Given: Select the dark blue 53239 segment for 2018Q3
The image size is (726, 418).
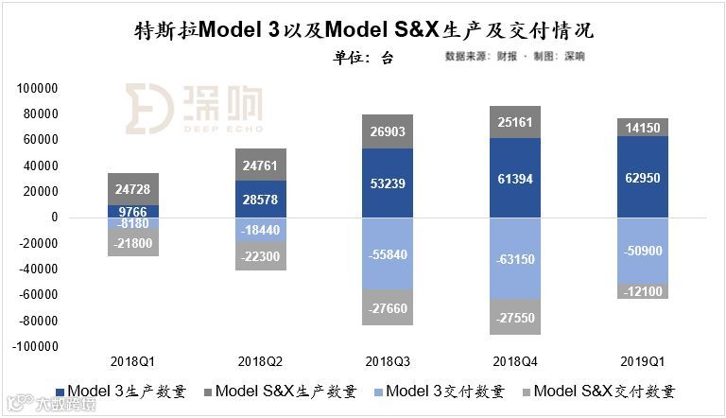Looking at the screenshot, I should click(387, 183).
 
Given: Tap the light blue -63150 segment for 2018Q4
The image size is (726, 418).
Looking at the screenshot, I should click(515, 256).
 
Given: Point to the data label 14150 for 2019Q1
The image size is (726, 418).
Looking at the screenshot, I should click(643, 128).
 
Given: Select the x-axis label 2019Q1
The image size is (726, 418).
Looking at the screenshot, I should click(643, 360).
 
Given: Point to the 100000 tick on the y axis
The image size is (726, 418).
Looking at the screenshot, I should click(38, 88).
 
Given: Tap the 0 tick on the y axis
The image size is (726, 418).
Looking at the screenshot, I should click(54, 218).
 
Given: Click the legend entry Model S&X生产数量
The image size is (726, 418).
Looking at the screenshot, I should click(285, 391).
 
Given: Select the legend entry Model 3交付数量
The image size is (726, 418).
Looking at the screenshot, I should click(444, 391).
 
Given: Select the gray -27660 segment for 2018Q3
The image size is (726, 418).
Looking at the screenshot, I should click(387, 307).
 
